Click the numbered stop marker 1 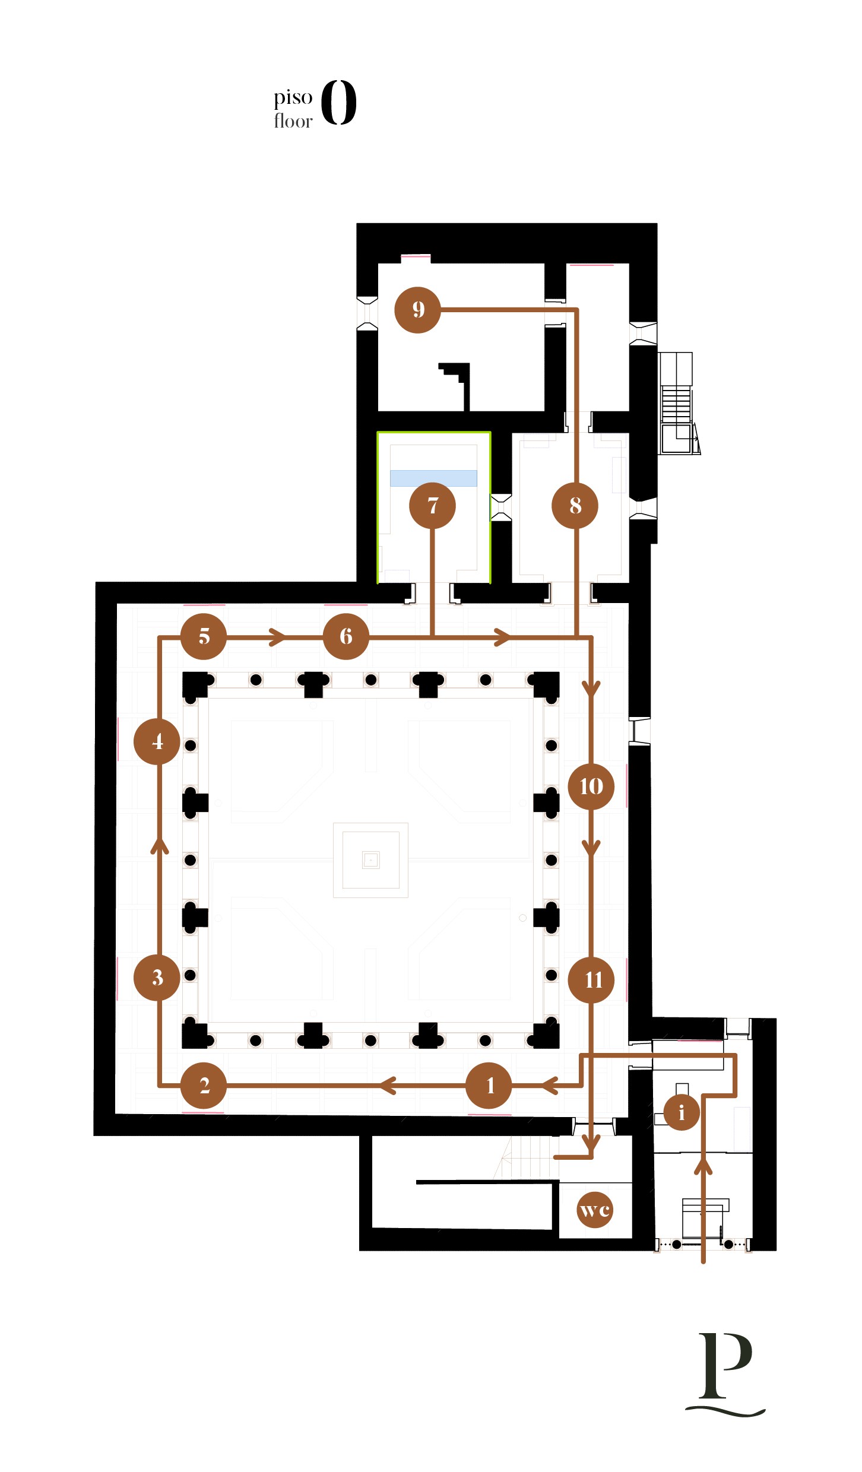click(x=489, y=1085)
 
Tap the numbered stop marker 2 click(x=204, y=1085)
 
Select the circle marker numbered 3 click(x=157, y=977)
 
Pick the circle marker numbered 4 click(x=157, y=741)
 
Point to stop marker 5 click(x=204, y=636)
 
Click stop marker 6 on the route click(x=346, y=636)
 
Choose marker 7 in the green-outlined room click(x=432, y=506)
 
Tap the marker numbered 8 click(x=575, y=506)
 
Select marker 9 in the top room click(x=418, y=310)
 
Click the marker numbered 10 click(x=591, y=786)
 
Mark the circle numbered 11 click(x=591, y=980)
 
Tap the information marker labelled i click(x=682, y=1112)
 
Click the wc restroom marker click(x=595, y=1210)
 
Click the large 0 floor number click(x=339, y=102)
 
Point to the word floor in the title click(x=293, y=120)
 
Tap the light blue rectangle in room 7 click(x=433, y=478)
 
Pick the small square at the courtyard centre click(x=370, y=859)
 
